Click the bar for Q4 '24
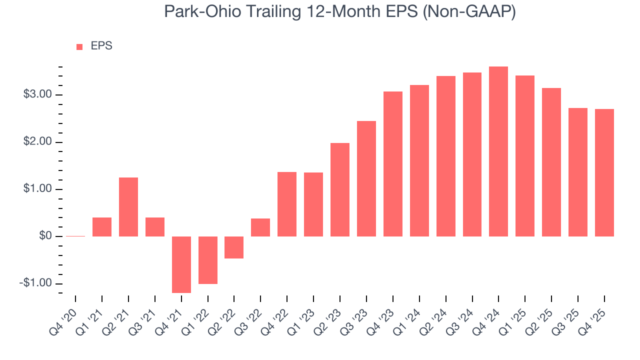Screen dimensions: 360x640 point(498,151)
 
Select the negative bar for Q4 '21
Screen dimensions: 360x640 point(181,264)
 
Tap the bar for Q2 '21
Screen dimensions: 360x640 point(128,207)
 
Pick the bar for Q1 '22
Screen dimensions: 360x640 point(208,260)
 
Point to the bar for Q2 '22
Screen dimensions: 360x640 point(234,247)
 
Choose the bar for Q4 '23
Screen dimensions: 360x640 point(392,164)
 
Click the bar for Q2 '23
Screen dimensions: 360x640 point(340,189)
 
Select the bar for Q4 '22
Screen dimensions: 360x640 point(287,204)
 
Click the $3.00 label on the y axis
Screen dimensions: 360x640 point(37,94)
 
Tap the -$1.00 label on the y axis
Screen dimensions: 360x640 point(35,283)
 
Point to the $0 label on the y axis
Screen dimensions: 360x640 point(45,236)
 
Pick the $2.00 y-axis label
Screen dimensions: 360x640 point(37,142)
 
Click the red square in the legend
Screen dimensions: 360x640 point(79,47)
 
